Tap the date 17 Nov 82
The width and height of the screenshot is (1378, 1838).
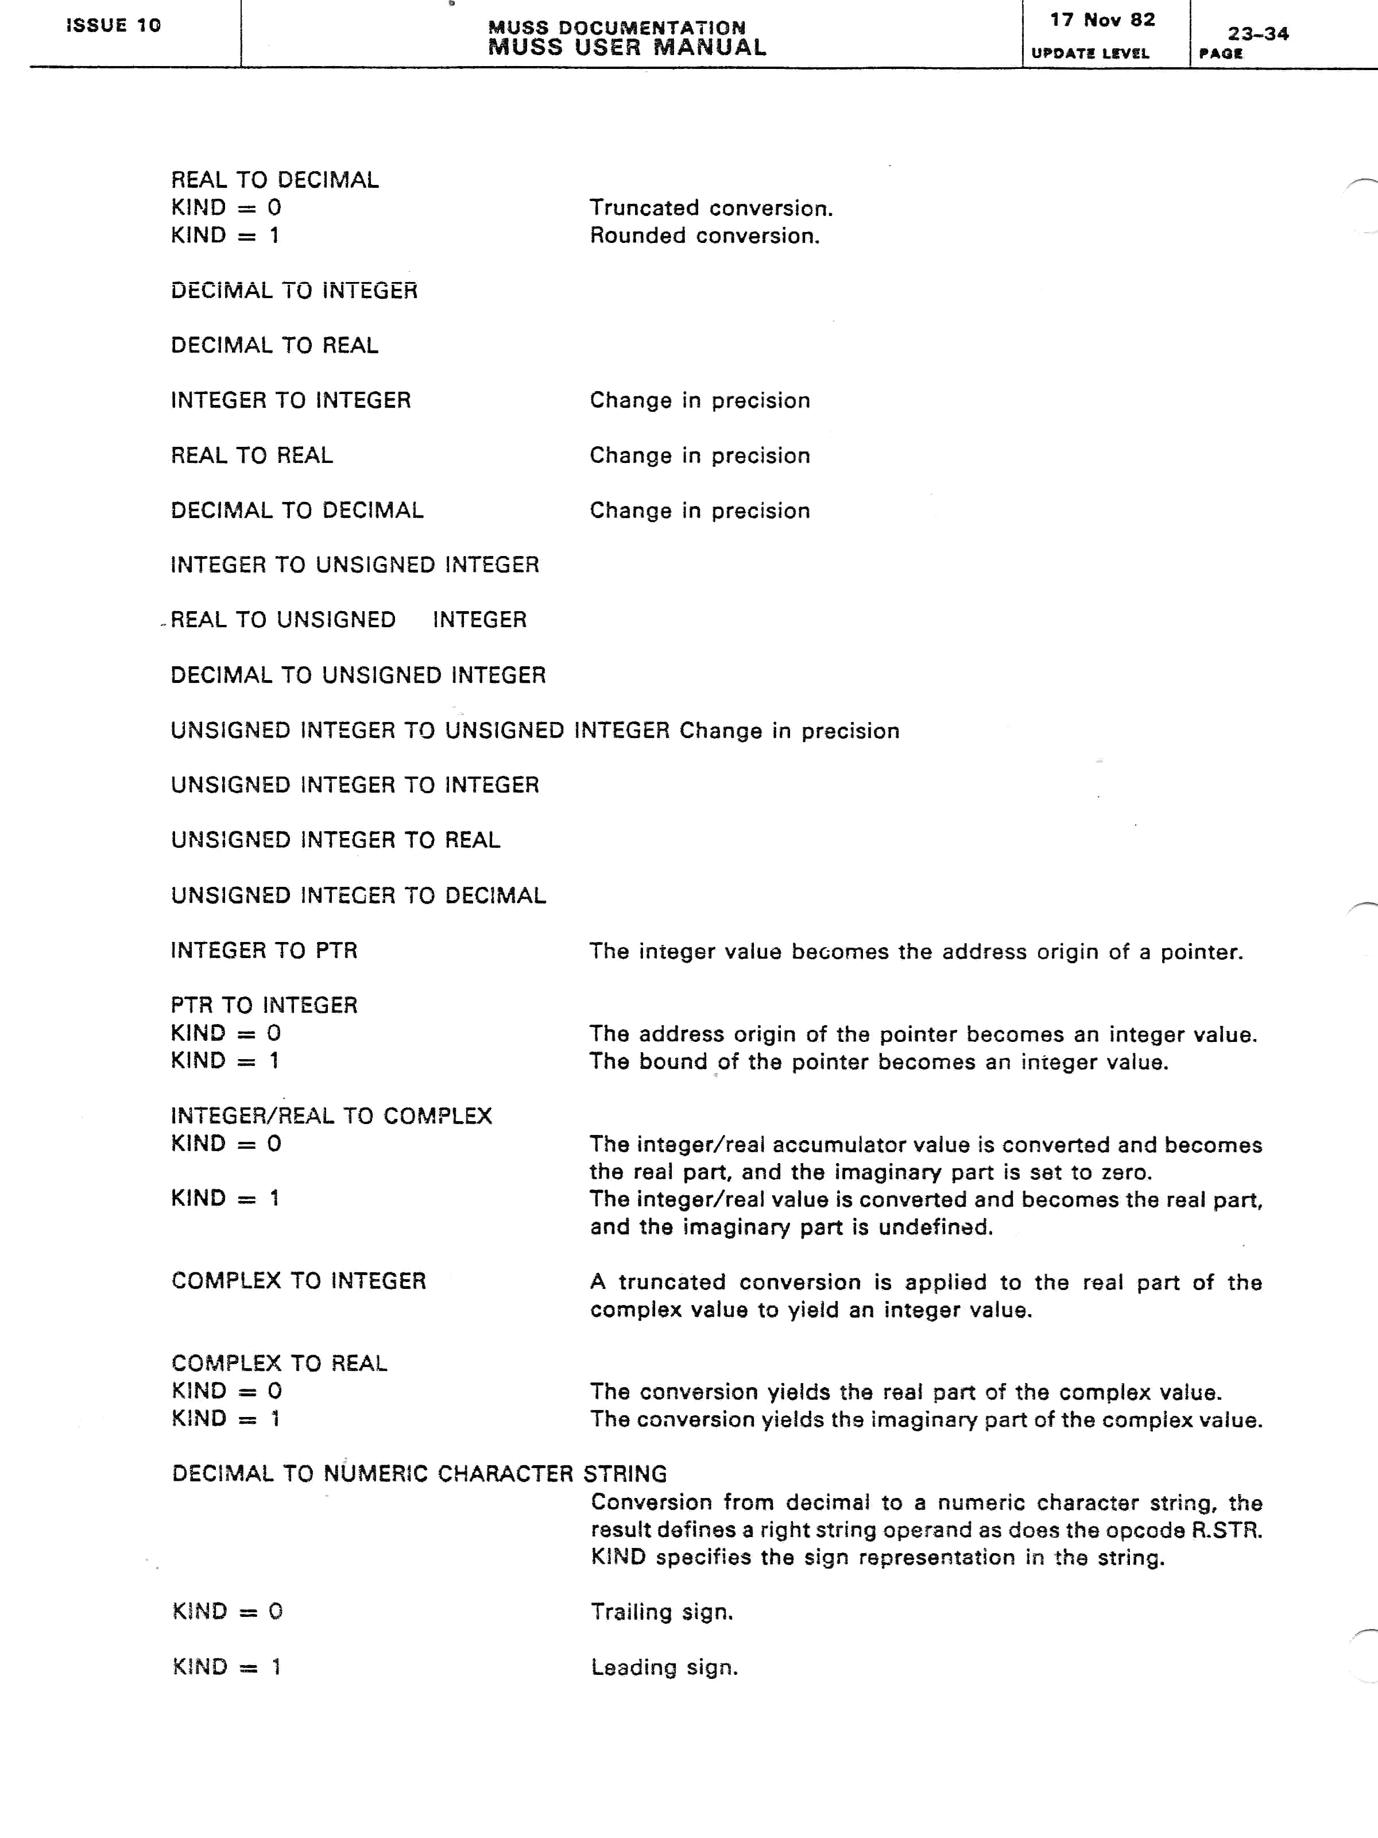[1102, 20]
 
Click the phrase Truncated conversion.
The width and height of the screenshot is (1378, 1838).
[711, 208]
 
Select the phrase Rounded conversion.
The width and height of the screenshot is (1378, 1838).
[705, 236]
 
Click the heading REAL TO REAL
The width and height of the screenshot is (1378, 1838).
[251, 455]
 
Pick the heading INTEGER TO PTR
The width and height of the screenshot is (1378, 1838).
[264, 951]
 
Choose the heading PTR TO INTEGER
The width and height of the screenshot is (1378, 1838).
[264, 1005]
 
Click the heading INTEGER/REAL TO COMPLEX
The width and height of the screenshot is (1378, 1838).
[331, 1116]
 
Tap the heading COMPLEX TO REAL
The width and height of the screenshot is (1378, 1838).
[279, 1364]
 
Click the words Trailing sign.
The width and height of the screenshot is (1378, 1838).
[662, 1612]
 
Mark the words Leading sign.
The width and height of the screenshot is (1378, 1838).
[664, 1667]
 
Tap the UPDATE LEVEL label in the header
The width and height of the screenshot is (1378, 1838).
[1090, 53]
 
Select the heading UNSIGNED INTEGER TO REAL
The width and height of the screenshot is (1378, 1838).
[335, 840]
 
